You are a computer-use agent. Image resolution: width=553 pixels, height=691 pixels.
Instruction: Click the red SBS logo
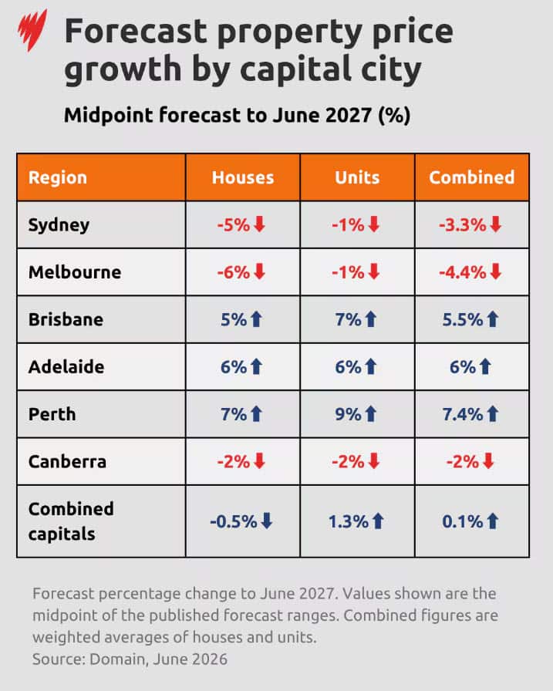click(32, 30)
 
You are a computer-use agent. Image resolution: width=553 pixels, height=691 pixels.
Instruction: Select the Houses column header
click(243, 177)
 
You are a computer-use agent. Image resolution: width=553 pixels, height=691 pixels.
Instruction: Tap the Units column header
click(357, 177)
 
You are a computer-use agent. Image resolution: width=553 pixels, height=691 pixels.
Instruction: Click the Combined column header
click(472, 177)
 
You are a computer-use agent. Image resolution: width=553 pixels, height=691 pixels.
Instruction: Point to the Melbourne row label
click(75, 272)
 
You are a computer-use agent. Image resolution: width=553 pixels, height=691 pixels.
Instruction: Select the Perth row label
click(52, 414)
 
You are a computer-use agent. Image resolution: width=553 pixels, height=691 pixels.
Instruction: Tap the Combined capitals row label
click(71, 521)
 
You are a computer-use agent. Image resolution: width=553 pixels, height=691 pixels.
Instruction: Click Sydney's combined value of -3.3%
click(462, 225)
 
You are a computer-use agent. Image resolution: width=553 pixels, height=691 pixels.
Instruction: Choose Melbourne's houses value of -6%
click(234, 272)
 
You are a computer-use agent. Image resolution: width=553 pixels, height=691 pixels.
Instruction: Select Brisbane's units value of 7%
click(348, 319)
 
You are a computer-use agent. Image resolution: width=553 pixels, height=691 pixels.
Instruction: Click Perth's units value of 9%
click(348, 414)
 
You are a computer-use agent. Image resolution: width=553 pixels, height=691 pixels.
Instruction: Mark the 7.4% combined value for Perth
click(463, 414)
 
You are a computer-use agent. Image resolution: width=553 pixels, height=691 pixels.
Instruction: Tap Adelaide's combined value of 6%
click(463, 367)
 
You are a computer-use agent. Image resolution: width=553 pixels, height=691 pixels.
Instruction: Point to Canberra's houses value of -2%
click(234, 462)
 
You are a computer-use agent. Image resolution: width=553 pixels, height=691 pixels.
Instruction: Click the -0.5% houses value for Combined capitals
click(234, 522)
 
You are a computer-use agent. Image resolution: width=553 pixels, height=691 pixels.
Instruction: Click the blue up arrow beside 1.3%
click(378, 521)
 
